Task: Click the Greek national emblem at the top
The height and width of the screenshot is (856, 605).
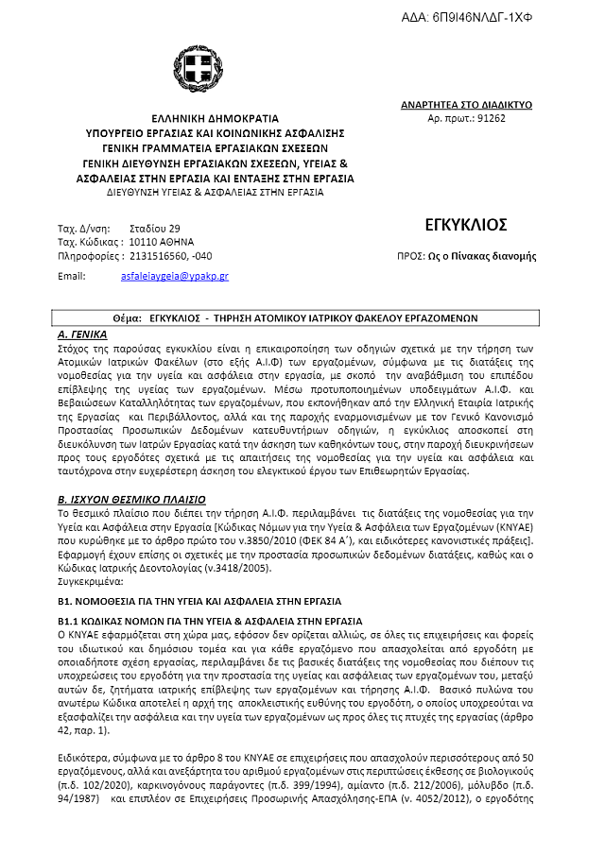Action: point(198,67)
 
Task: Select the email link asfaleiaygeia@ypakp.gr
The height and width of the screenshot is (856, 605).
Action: point(175,277)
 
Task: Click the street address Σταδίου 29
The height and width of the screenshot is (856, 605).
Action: point(154,229)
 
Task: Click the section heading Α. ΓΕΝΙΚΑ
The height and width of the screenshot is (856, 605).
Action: point(82,335)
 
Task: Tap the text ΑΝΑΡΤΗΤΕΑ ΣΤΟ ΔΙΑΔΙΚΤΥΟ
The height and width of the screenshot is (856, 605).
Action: point(467,105)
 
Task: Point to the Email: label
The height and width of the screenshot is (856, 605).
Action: point(72,277)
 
